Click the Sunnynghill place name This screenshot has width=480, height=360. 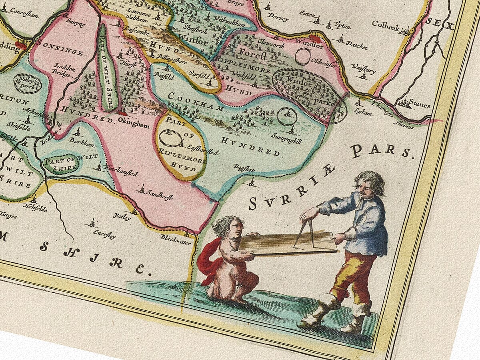286,136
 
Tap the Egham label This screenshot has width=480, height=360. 364,113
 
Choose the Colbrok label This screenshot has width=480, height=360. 386,24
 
